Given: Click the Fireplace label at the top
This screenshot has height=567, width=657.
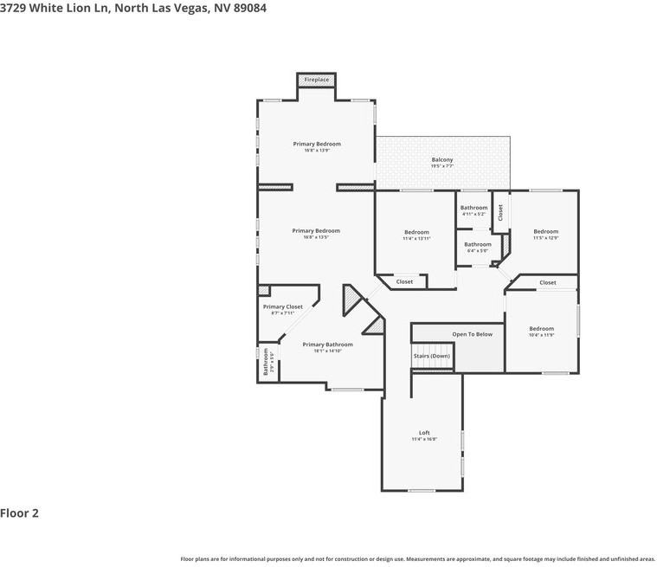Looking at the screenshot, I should [316, 80].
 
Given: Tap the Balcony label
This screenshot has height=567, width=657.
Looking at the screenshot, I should [442, 159].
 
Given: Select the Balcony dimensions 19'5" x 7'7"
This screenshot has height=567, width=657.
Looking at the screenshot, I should [442, 165].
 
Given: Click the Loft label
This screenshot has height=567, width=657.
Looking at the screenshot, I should [424, 433].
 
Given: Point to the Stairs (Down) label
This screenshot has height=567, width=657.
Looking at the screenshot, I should [431, 356].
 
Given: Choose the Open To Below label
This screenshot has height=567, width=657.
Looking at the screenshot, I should [472, 334].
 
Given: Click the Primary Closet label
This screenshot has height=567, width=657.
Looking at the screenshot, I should [283, 306].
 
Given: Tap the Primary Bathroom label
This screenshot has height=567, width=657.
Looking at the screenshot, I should [327, 345].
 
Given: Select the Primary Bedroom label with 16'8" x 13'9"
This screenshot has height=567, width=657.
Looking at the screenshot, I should [316, 144].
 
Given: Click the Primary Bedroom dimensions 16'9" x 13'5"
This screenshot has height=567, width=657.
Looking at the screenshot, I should [316, 237].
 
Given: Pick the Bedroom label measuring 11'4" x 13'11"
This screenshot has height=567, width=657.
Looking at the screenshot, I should [416, 232].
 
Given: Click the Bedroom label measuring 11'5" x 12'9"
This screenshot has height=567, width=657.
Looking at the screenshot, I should [545, 231].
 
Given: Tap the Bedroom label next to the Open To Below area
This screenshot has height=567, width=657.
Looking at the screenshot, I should [541, 328].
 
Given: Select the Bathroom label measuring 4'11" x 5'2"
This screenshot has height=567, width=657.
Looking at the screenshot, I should [473, 208].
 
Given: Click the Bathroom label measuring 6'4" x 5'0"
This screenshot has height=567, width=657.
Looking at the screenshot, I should [477, 244].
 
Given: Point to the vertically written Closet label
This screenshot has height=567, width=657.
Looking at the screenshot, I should [500, 213].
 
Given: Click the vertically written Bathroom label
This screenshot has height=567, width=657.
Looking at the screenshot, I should [266, 361].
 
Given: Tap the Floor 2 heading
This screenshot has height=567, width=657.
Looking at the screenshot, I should [19, 513].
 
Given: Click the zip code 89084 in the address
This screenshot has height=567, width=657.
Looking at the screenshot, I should [248, 9].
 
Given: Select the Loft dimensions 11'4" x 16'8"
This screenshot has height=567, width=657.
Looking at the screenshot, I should [424, 439].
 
